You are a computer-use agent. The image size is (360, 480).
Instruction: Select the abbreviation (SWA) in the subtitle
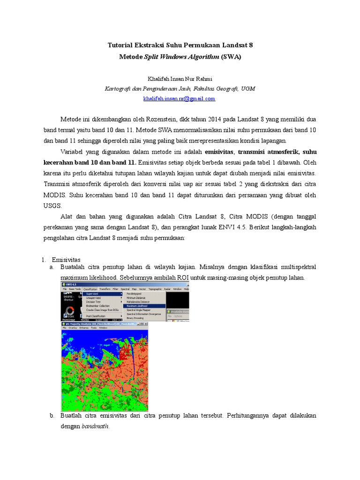pos(232,56)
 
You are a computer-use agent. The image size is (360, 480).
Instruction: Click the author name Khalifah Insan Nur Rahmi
pos(180,78)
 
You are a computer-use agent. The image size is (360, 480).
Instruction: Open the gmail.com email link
pos(179,98)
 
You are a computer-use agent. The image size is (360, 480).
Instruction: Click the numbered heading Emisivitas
pos(66,259)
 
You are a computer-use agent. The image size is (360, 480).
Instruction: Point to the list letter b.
pos(52,415)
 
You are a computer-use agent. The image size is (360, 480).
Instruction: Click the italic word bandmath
pos(95,427)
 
